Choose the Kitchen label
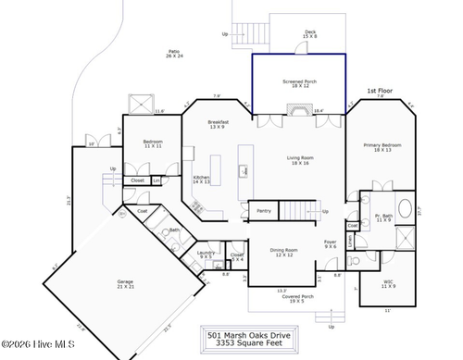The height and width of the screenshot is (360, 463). click(x=201, y=180)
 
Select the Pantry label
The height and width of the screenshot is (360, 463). click(x=264, y=211)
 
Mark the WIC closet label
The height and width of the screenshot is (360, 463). click(x=389, y=283)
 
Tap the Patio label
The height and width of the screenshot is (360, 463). click(x=174, y=54)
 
